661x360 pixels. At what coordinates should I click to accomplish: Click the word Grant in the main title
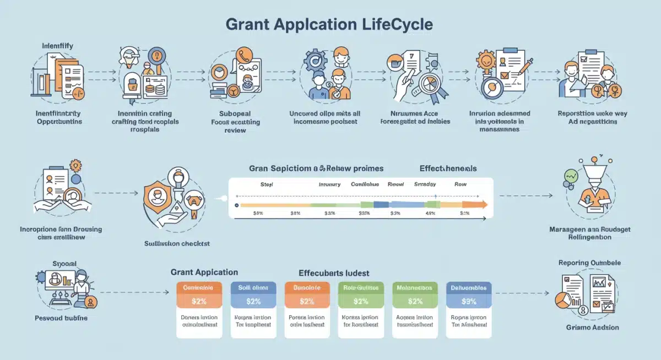[x=248, y=24]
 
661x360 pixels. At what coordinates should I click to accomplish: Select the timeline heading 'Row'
[x=461, y=185]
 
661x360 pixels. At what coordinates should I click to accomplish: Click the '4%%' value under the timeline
[x=430, y=213]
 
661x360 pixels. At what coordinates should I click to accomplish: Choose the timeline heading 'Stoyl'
[x=267, y=185]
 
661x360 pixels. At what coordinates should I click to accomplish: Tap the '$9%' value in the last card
[x=468, y=301]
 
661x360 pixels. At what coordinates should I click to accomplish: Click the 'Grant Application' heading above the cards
[x=204, y=272]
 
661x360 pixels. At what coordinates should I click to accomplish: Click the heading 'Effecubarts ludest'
[x=334, y=272]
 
